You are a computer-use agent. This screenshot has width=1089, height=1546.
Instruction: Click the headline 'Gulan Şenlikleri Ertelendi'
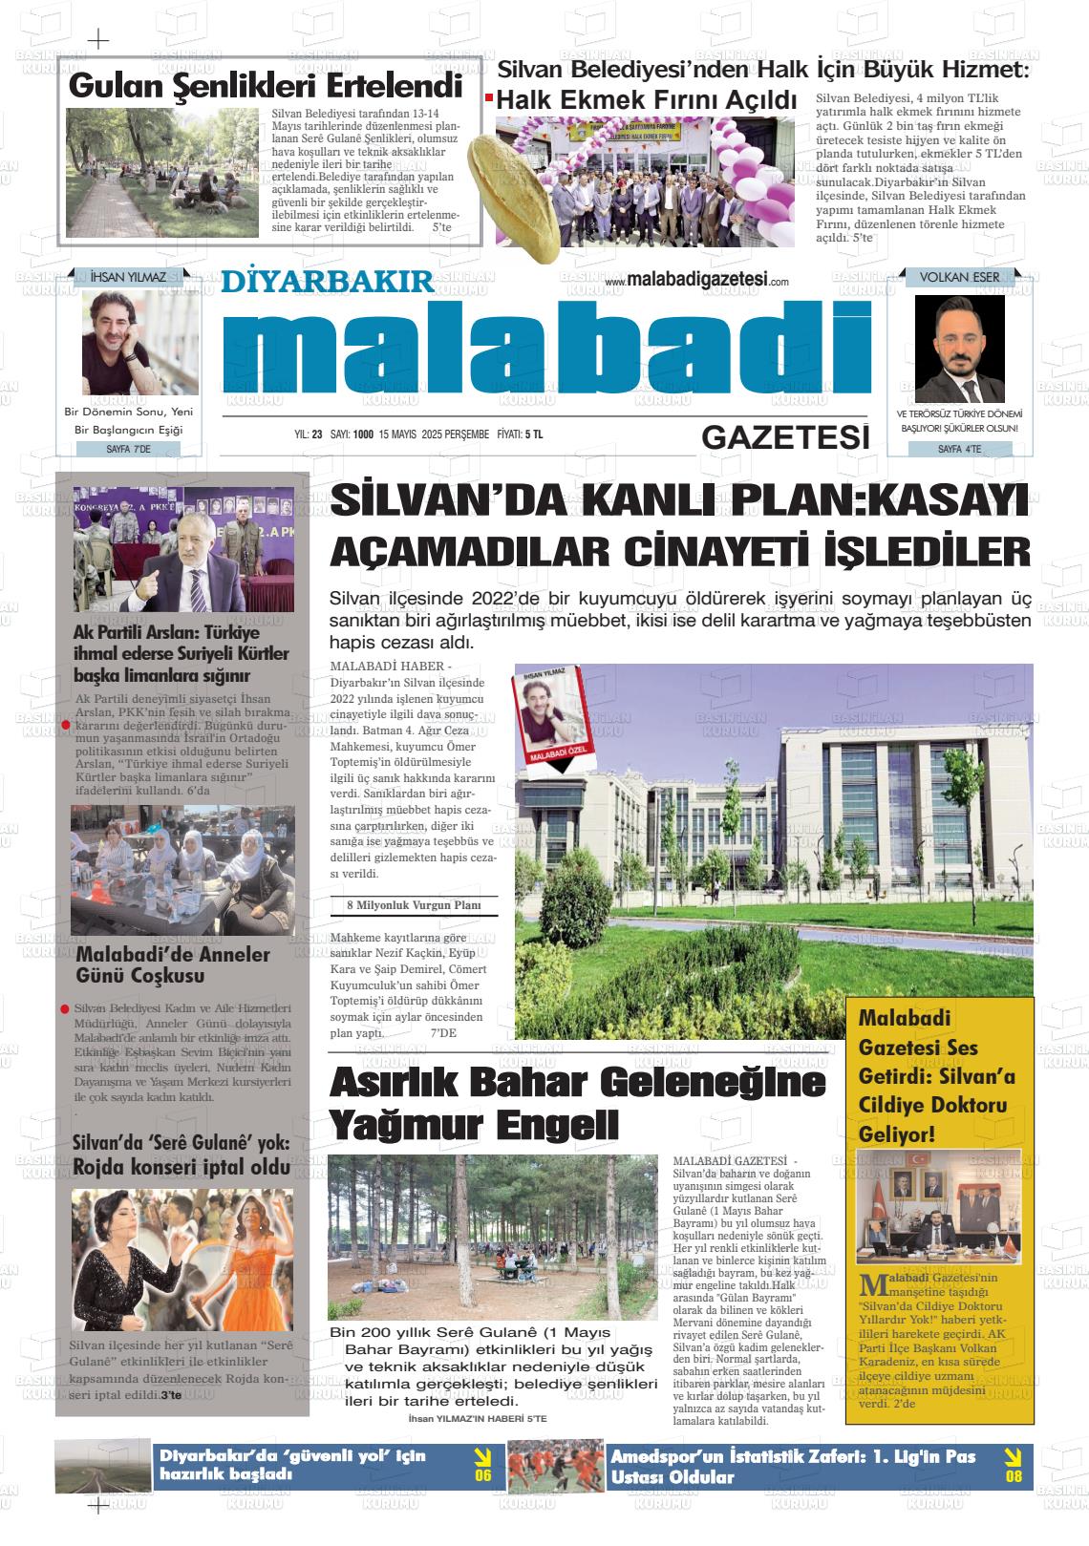pyautogui.click(x=266, y=86)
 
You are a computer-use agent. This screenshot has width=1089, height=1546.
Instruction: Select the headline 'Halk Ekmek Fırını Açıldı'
pyautogui.click(x=647, y=99)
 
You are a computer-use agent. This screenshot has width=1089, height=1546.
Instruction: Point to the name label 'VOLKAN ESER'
pyautogui.click(x=959, y=277)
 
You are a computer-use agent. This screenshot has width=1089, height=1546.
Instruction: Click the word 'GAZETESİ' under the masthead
pyautogui.click(x=785, y=437)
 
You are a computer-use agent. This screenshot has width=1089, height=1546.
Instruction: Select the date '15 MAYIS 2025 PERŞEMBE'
pyautogui.click(x=434, y=434)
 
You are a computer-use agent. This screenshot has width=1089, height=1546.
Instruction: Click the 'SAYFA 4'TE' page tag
pyautogui.click(x=959, y=449)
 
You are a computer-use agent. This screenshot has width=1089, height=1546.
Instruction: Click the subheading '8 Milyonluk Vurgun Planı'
pyautogui.click(x=414, y=905)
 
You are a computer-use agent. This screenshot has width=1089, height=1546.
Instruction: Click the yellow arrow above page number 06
pyautogui.click(x=483, y=1457)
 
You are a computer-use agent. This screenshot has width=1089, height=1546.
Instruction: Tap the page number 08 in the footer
pyautogui.click(x=1014, y=1477)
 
